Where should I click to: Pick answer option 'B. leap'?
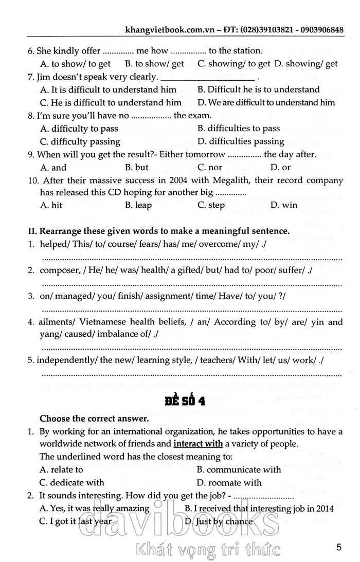pos(138,205)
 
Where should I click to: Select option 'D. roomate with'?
pos(229,482)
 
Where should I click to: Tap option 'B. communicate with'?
pos(239,469)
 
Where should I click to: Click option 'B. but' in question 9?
pos(137,167)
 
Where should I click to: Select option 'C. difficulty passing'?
pos(80,141)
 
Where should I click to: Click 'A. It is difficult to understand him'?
pos(108,89)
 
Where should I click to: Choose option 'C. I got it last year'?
pos(76,521)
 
